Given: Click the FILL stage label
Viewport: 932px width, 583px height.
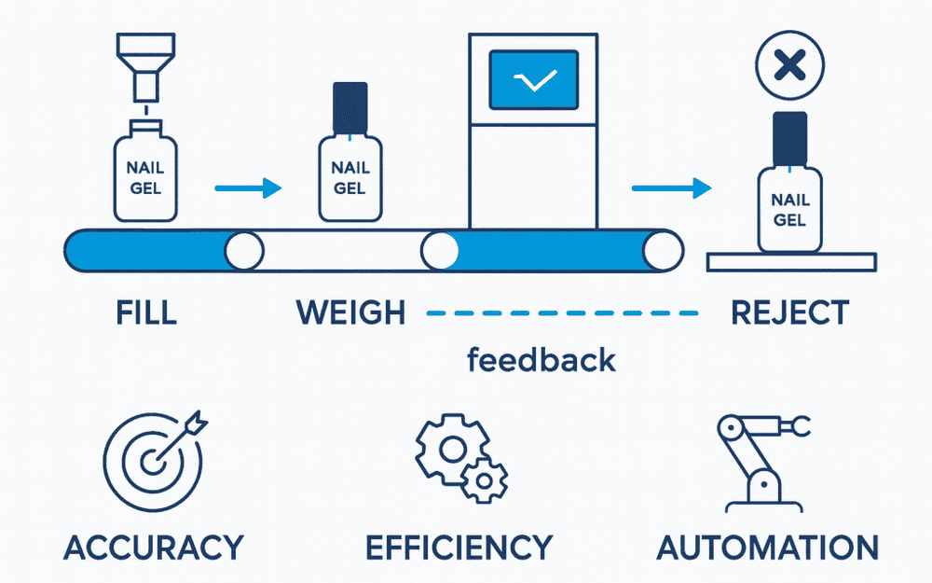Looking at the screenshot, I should point(147,312).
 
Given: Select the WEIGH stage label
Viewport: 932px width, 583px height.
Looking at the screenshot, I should point(351,312).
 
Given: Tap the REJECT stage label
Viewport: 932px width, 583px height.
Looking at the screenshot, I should point(789,312).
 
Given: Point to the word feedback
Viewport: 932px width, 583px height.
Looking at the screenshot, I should point(541,360).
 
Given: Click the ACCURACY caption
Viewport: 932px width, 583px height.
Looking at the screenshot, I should point(154,547).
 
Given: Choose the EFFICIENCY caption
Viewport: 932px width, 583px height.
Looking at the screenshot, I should point(459,547).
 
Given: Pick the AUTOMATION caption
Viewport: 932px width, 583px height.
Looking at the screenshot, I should point(767,547).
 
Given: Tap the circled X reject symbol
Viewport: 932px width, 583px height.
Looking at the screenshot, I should point(789,65).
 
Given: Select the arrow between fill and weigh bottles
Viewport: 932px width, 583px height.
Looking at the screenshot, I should point(248,189).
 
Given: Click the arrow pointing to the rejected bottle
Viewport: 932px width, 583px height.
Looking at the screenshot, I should point(665,189).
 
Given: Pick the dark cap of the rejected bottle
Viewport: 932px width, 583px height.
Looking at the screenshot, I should point(789,136).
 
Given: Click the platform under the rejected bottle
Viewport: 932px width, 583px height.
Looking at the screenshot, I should point(790,262).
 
